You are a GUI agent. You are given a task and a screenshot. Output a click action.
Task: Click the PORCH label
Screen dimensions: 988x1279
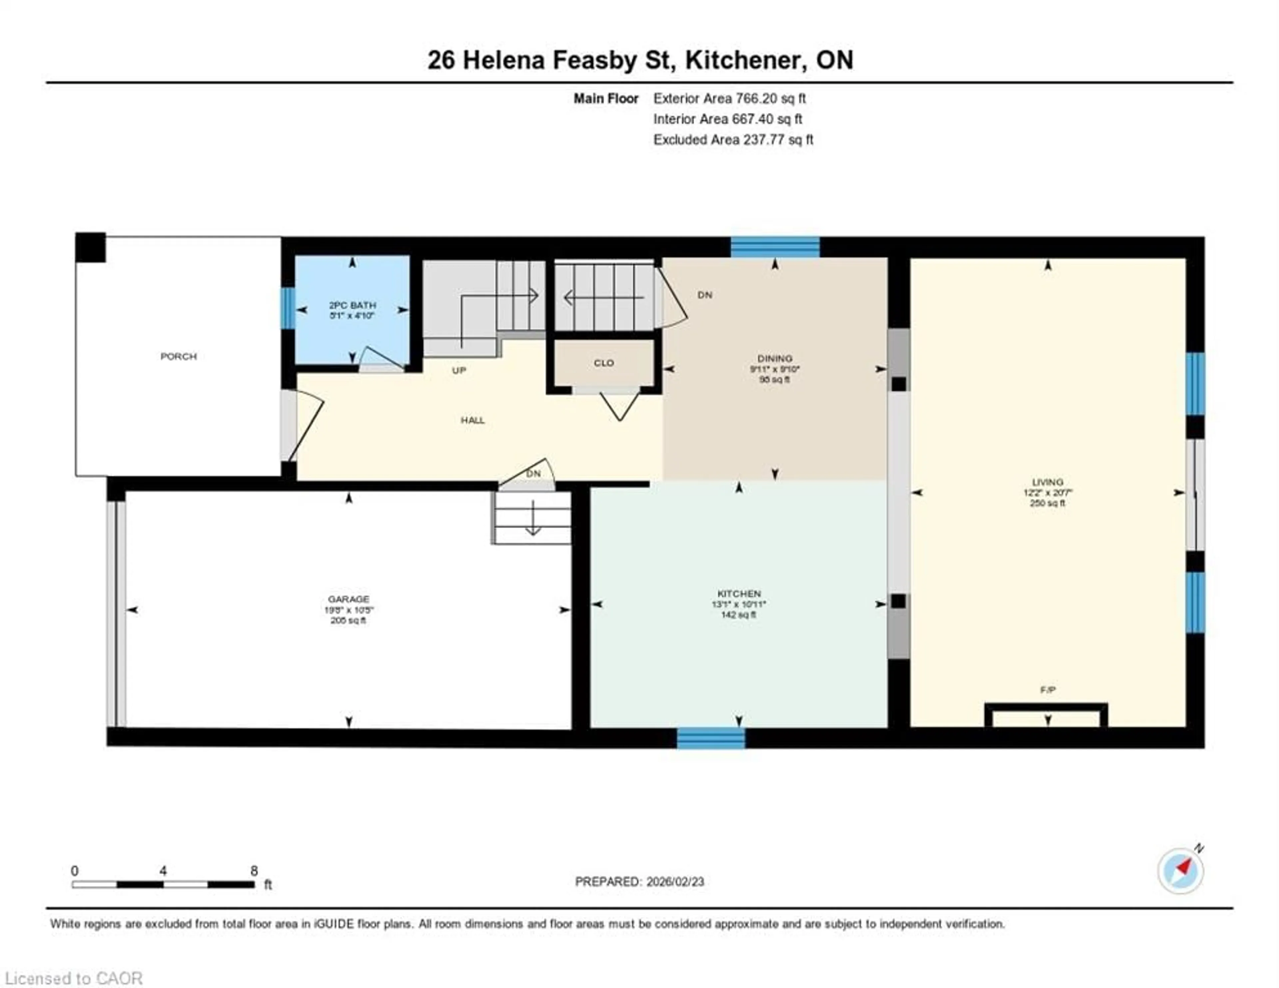coord(179,356)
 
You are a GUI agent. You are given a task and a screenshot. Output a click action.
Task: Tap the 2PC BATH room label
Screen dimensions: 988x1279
coord(352,305)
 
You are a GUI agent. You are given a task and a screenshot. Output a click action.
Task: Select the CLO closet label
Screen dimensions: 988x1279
coord(604,363)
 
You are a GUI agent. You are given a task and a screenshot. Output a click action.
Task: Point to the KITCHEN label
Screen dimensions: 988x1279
coord(739,593)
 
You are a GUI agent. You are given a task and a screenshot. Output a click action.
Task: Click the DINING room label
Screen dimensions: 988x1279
coord(775,358)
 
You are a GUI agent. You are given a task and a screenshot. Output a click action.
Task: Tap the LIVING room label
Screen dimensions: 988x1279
coord(1048,482)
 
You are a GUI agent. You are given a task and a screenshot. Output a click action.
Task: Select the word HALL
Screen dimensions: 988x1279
coord(473,420)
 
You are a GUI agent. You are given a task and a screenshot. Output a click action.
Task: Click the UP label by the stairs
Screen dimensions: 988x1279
coord(459,370)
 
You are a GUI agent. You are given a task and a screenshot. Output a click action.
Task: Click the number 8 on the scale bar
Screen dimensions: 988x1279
coord(254,871)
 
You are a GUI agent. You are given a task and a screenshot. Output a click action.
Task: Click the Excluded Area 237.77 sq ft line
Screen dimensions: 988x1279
coord(733,140)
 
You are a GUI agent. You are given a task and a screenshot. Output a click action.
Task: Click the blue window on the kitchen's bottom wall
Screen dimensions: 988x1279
coord(711,738)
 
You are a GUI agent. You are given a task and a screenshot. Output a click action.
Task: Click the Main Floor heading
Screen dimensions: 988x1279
coord(606,98)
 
